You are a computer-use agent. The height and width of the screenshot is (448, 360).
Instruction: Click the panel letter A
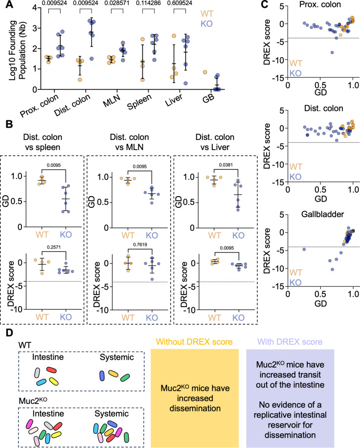click(9, 4)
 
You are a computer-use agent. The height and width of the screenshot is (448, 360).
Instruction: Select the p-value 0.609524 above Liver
click(180, 3)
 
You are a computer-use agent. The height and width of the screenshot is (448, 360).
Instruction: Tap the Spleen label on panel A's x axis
click(139, 102)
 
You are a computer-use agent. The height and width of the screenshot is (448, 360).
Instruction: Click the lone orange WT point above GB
click(205, 72)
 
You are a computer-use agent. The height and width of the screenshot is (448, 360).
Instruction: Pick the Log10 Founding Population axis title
click(17, 50)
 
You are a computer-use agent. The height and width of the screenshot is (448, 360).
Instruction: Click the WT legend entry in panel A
click(206, 14)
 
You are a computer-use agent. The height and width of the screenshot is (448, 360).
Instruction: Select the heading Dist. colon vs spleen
click(43, 142)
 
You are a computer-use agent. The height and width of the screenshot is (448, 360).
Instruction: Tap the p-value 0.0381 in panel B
click(225, 165)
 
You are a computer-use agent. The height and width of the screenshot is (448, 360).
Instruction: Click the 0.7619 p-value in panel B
click(140, 245)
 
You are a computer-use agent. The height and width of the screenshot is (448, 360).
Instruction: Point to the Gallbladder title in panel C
click(322, 214)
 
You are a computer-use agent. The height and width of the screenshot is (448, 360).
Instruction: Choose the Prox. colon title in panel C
click(320, 4)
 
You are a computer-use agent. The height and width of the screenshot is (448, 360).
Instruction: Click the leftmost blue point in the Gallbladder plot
click(304, 249)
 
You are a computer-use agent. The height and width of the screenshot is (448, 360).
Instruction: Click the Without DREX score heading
click(194, 342)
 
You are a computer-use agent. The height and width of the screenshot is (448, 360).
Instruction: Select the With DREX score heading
click(290, 342)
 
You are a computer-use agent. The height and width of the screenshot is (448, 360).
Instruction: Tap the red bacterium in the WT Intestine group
click(51, 371)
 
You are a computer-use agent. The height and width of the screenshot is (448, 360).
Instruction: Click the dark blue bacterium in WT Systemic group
click(102, 376)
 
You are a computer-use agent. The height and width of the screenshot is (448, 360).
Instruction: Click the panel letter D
click(9, 333)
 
